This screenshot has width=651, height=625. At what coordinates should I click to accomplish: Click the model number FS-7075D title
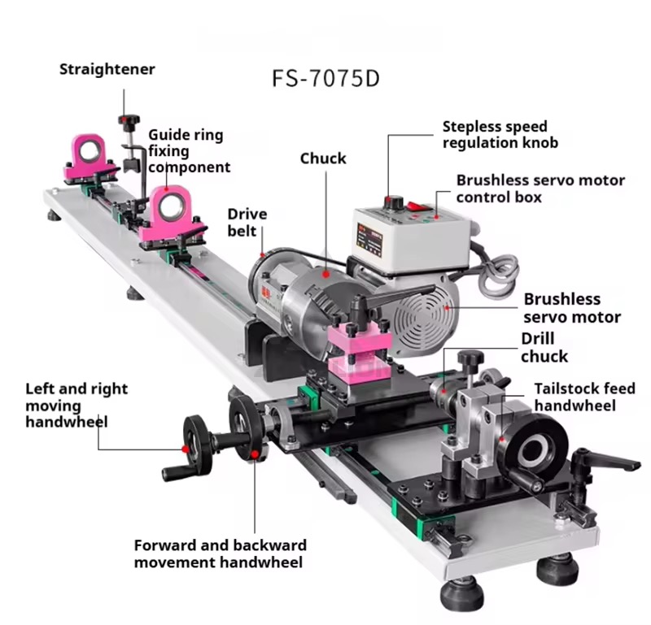click(x=325, y=80)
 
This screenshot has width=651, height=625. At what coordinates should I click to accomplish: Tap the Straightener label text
click(x=107, y=69)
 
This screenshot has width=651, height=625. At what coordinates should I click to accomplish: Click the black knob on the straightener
click(x=125, y=121)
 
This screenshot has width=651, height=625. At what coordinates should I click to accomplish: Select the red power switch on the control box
click(x=418, y=203)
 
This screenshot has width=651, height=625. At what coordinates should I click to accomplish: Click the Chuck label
click(x=323, y=158)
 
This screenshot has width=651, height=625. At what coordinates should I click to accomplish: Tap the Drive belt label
click(x=247, y=223)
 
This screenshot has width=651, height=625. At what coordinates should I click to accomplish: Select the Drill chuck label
click(x=544, y=347)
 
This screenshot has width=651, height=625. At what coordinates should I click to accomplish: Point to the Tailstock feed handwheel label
click(x=575, y=397)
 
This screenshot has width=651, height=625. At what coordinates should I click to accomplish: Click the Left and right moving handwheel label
click(x=76, y=405)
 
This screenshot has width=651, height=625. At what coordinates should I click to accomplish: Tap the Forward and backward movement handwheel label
click(x=220, y=553)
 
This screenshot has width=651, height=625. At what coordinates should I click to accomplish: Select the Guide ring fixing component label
click(x=188, y=151)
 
